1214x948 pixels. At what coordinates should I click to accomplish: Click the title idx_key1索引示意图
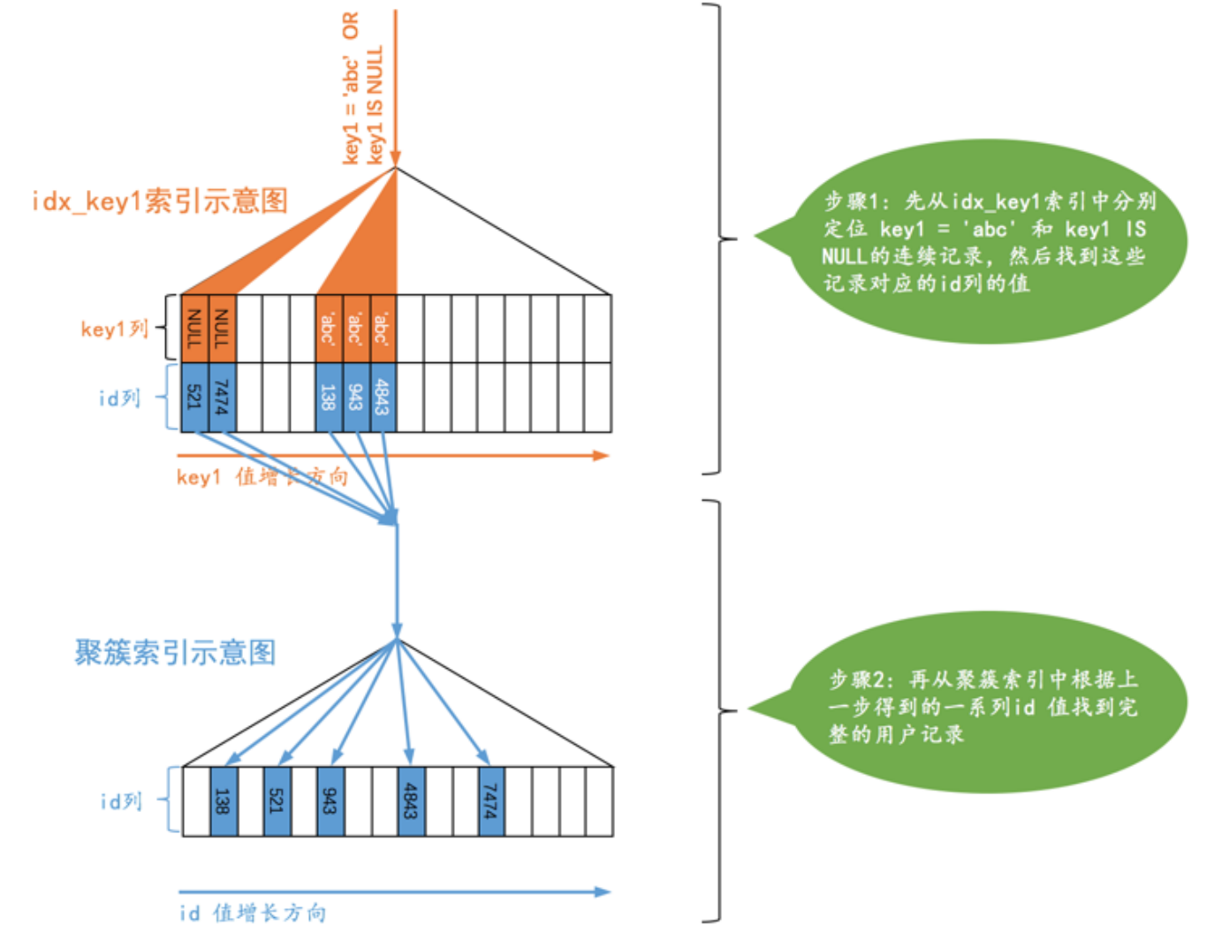[160, 201]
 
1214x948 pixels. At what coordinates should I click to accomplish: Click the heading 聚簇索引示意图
[175, 653]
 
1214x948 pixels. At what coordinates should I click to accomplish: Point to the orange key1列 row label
[114, 329]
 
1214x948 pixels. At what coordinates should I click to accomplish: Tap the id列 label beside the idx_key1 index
[119, 398]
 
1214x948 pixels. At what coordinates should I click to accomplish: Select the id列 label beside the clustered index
[120, 801]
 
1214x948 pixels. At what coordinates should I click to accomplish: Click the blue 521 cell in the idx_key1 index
[194, 398]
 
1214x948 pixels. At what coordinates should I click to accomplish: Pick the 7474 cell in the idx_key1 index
[222, 398]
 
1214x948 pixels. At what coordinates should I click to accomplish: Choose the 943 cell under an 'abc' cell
[356, 398]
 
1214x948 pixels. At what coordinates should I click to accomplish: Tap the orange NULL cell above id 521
[194, 329]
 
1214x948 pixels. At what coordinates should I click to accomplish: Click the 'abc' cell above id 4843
[383, 329]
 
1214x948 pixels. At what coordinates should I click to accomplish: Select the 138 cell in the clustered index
[224, 801]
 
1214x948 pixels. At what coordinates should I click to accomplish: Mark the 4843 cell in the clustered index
[411, 801]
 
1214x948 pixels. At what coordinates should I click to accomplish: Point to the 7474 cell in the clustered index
[491, 801]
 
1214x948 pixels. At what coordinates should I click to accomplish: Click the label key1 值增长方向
[262, 477]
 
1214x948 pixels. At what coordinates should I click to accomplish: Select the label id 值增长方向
[253, 913]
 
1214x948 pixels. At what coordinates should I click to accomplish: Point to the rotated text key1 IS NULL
[376, 104]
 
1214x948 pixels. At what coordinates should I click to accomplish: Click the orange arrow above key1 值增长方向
[393, 456]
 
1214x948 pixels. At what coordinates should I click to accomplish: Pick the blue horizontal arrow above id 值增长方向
[394, 891]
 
